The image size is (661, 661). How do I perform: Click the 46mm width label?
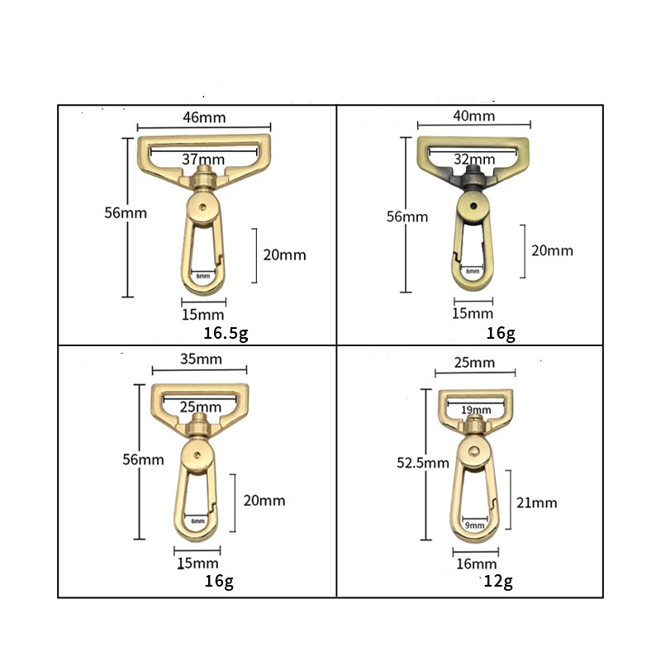click(203, 117)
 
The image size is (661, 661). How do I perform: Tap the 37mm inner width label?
click(203, 159)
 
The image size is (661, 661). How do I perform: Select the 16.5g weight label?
click(226, 334)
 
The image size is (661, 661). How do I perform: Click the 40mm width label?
click(474, 117)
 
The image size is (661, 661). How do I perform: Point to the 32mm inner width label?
click(473, 159)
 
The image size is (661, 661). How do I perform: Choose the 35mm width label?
click(199, 359)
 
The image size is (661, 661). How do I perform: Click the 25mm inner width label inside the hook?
click(199, 407)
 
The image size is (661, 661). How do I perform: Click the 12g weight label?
click(499, 582)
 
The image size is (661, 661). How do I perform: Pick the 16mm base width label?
click(474, 564)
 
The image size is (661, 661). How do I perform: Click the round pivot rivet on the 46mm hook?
click(203, 206)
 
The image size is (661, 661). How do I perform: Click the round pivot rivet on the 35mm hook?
click(198, 454)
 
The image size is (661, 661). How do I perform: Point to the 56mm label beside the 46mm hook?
click(126, 212)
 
